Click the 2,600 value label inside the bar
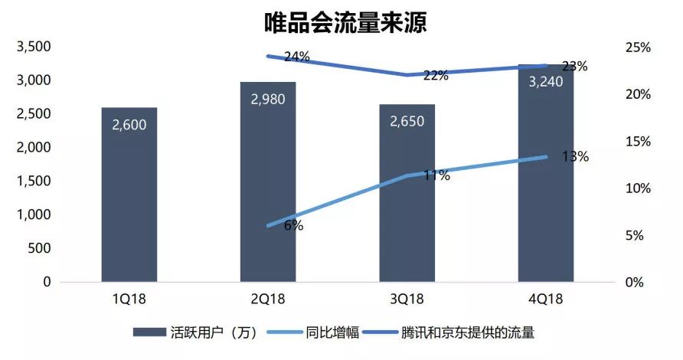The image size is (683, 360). (129, 125)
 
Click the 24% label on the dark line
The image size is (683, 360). (296, 56)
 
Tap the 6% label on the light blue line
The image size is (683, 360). (293, 225)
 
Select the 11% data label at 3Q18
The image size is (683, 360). (436, 175)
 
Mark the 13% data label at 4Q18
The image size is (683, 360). (575, 157)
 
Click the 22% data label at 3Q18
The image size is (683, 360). (436, 75)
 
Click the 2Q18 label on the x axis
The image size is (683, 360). (268, 299)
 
